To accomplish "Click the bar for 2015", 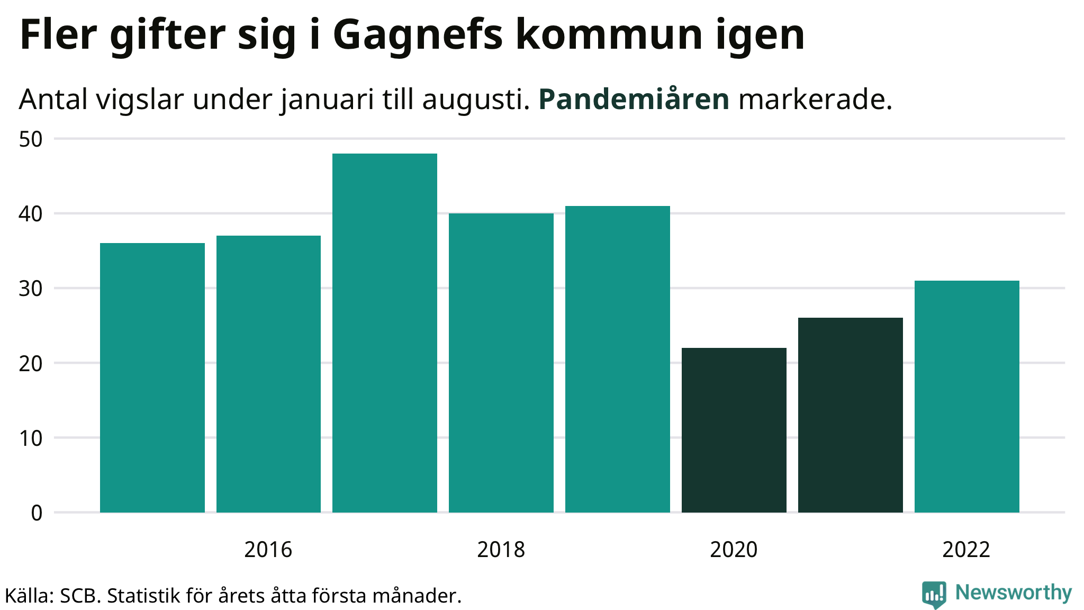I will tap(152, 378).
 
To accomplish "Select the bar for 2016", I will tap(268, 374).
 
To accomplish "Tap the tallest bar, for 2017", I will tap(385, 333).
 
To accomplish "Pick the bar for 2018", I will tap(501, 363).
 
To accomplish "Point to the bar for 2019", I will tap(618, 359).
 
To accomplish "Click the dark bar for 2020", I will tap(734, 430).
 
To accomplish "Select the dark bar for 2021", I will tap(851, 415).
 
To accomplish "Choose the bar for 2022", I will tap(967, 397).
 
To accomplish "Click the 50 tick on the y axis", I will tap(31, 140).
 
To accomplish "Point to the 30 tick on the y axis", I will tap(31, 289).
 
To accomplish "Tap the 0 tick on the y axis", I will tap(37, 513).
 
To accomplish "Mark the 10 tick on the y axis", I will tap(31, 438).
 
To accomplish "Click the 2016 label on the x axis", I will tap(268, 550).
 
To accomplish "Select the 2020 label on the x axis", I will tap(734, 550).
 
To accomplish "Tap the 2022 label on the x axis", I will tap(966, 550).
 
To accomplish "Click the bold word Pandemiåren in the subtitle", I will tap(634, 100).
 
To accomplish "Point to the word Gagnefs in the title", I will tap(418, 36).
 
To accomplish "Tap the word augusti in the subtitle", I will tap(475, 100).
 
